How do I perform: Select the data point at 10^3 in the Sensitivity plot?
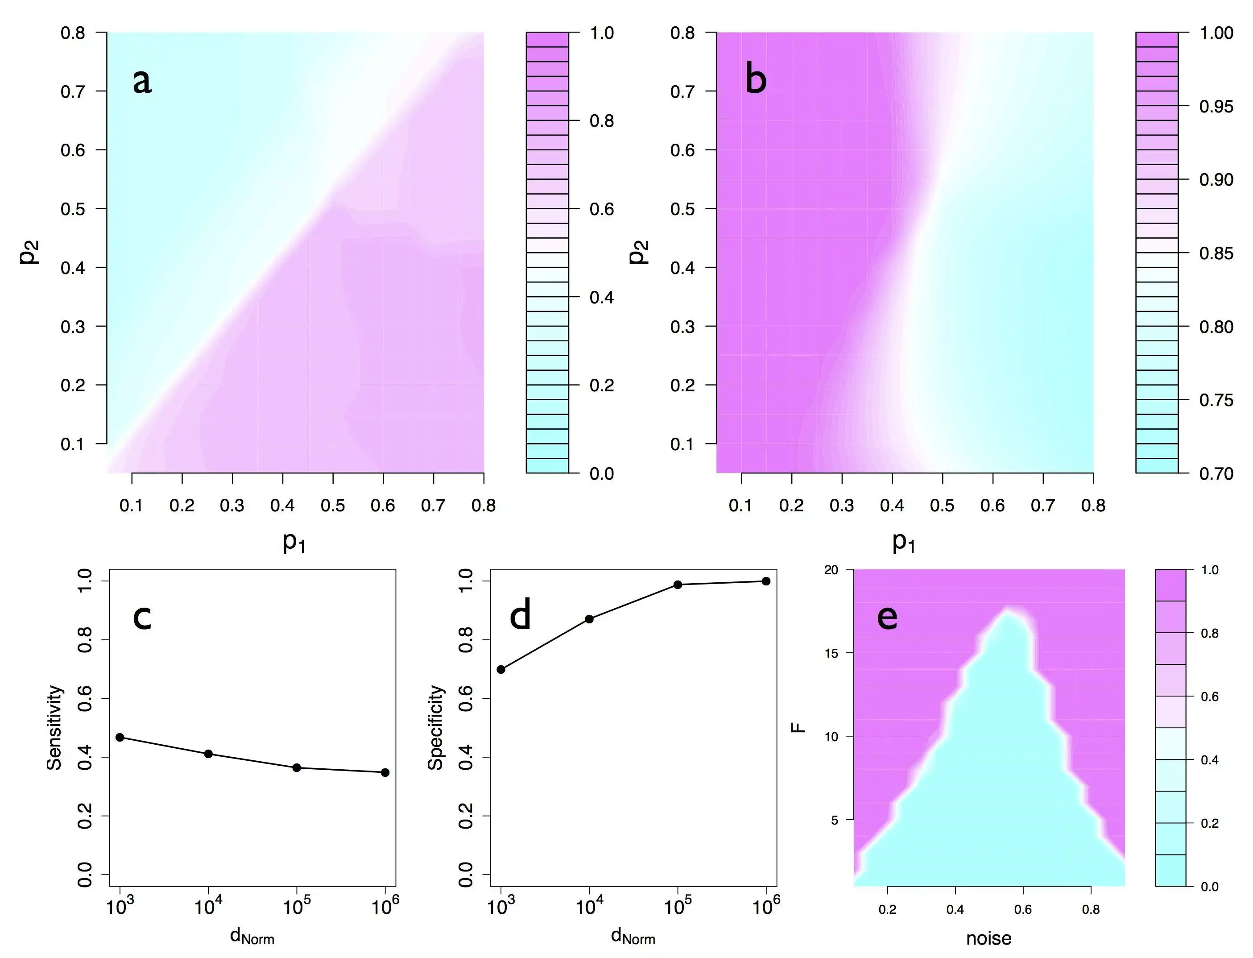coord(120,737)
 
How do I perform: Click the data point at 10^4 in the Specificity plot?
coord(589,619)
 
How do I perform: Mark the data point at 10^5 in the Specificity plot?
coord(678,585)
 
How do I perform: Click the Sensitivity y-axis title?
coord(54,728)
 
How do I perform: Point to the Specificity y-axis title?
coord(435,728)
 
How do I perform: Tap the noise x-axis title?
coord(988,938)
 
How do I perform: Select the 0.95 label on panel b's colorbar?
coord(1216,107)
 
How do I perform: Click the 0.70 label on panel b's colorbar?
coord(1216,474)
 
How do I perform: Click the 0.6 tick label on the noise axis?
coord(1023,909)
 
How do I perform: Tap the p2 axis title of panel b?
coord(638,252)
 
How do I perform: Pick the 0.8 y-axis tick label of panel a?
coord(73,33)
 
